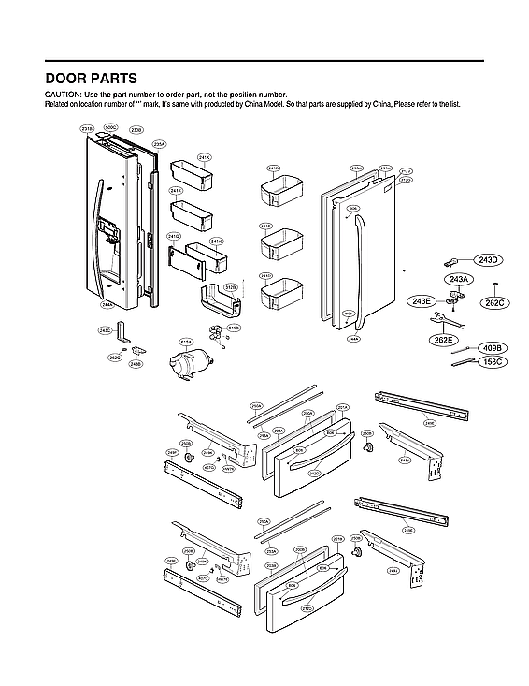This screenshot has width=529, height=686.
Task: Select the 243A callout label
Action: [459, 280]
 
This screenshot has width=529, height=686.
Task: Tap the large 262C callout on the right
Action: [494, 302]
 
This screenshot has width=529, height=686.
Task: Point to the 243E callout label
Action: [422, 300]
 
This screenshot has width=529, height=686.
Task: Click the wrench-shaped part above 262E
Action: [437, 321]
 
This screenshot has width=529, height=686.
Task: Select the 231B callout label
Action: [87, 128]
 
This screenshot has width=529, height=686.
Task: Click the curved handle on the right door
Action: [356, 267]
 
